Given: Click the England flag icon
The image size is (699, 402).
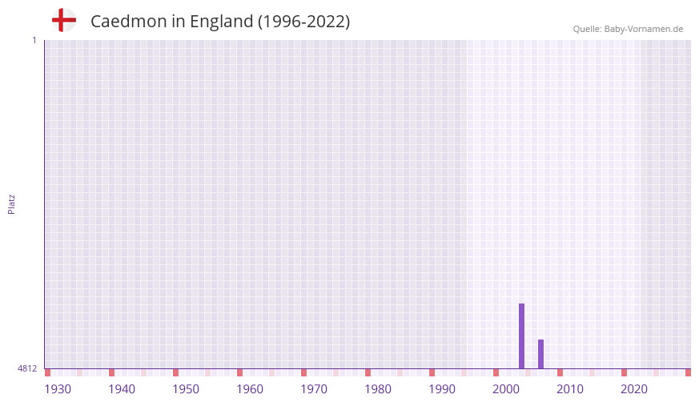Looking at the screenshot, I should click(x=63, y=21).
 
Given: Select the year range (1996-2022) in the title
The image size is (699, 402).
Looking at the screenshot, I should click(x=303, y=22).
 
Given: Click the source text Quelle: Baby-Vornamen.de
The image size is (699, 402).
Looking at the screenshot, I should click(x=628, y=29).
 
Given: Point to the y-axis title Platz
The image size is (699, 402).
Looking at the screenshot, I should click(x=11, y=204).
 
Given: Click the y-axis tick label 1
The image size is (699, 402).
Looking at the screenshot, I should click(x=34, y=40).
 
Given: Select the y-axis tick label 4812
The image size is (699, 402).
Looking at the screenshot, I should click(x=27, y=368).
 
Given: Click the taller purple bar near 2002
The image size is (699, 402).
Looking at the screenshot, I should click(x=521, y=336).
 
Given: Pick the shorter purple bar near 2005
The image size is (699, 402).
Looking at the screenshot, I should click(x=540, y=353).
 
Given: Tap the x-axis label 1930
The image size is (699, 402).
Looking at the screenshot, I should click(x=58, y=389).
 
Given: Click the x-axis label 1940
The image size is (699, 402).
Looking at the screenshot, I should click(x=122, y=389).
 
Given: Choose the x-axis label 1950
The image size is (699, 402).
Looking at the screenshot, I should click(x=186, y=389).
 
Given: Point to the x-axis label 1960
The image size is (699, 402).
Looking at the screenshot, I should click(x=250, y=389).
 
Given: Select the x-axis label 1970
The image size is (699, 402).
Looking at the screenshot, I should click(x=314, y=389).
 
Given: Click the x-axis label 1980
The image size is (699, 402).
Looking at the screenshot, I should click(x=378, y=389).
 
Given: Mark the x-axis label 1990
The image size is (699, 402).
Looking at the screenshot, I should click(x=442, y=389).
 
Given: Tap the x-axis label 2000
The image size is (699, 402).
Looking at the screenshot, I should click(x=506, y=389).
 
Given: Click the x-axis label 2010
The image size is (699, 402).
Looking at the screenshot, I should click(x=570, y=389).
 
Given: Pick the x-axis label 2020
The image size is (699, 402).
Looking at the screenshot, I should click(x=634, y=389).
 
